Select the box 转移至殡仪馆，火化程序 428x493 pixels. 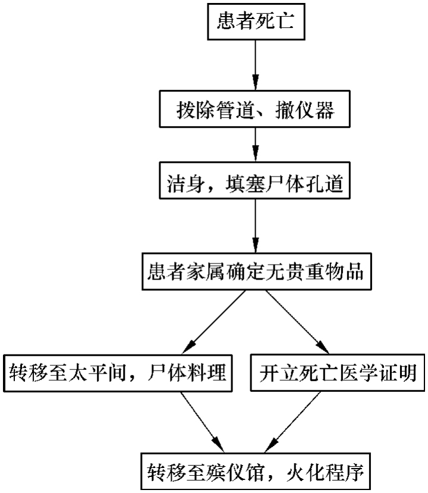256,474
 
